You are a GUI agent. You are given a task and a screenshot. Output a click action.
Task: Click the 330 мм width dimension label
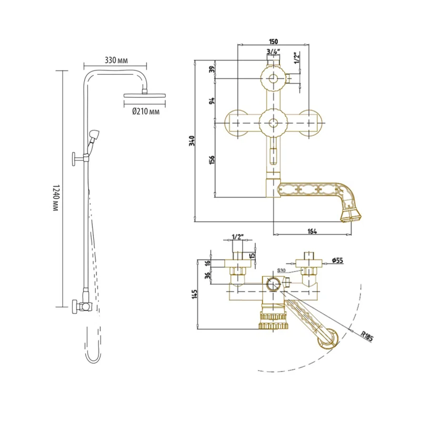(116, 60)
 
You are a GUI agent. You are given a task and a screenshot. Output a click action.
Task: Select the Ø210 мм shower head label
(146, 111)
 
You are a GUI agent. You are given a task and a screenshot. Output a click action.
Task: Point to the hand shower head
(94, 134)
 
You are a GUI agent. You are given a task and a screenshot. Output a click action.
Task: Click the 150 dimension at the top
(273, 42)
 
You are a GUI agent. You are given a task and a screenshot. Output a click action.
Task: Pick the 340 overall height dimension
(192, 141)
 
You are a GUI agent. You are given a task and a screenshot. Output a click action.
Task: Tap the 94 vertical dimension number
(212, 101)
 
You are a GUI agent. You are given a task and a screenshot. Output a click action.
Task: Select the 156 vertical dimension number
(212, 160)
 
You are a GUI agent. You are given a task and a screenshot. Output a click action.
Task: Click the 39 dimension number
(212, 69)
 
